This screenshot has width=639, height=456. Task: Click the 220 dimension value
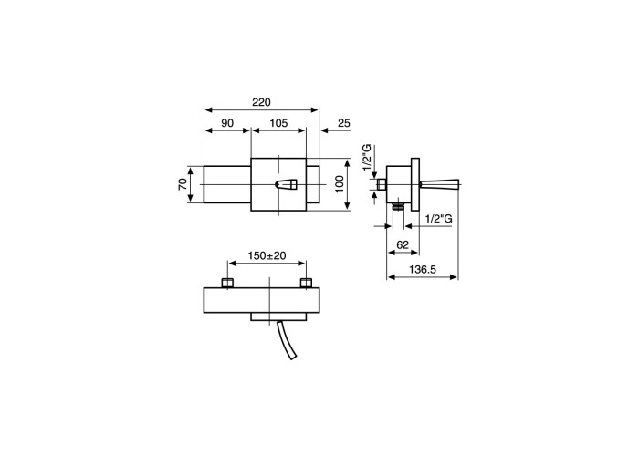261,102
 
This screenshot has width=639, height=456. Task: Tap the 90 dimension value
227,123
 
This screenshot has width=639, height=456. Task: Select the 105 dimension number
278,123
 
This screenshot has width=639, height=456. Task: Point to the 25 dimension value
344,123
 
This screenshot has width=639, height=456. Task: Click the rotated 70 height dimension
183,184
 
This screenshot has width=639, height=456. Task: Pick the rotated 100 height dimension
340,184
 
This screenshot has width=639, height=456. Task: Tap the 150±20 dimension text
267,255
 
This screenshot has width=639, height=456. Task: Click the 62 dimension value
403,244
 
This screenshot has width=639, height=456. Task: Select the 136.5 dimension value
423,269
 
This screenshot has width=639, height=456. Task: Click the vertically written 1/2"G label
368,158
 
